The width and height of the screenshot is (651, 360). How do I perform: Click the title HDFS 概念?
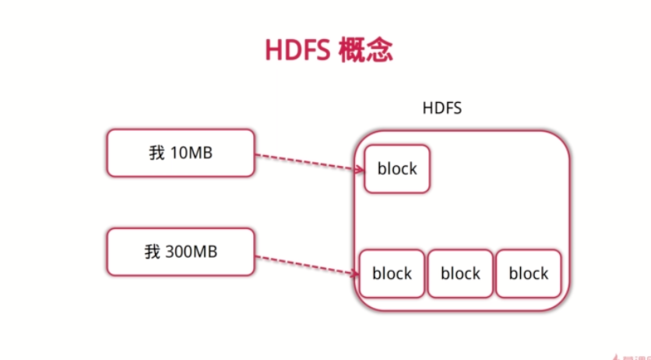[329, 50]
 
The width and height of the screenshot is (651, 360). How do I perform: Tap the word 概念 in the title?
[365, 50]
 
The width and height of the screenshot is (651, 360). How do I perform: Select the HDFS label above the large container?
[442, 108]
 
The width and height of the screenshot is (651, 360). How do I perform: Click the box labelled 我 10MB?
[181, 154]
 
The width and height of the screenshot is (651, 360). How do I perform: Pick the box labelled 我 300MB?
[181, 252]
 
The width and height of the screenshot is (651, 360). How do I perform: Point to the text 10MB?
[192, 153]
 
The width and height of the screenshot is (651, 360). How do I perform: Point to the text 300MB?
[192, 252]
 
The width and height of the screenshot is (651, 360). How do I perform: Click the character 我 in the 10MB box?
[157, 153]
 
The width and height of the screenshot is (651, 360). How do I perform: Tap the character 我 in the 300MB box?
[152, 252]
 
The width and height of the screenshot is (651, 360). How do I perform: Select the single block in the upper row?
[397, 169]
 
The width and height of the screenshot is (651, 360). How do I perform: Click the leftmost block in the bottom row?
[392, 274]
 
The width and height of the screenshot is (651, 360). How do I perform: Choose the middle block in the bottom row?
[460, 274]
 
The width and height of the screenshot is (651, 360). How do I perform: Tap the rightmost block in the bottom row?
[529, 274]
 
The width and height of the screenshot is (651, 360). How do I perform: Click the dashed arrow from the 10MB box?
[309, 162]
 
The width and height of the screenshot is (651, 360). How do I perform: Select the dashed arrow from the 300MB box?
[307, 266]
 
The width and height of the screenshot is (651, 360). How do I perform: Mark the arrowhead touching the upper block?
[360, 168]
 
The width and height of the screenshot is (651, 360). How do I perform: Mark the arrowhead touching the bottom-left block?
[355, 274]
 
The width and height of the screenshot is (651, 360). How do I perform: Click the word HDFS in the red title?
[297, 50]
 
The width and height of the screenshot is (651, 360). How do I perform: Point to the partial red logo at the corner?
[632, 357]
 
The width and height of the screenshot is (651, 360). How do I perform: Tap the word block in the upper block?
[397, 168]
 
